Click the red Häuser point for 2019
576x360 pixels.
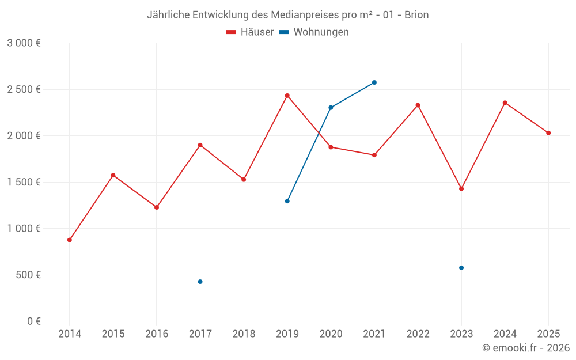click(287, 96)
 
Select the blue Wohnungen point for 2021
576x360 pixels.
click(374, 82)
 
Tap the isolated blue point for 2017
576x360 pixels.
click(200, 282)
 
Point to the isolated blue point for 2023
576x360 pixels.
click(461, 268)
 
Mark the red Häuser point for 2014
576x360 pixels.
click(70, 240)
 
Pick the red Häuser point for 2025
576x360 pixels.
click(548, 133)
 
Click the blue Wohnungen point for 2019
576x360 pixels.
click(287, 201)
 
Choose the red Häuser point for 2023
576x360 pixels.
click(461, 188)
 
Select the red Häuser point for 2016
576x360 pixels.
click(157, 207)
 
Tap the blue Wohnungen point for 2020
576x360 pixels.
click(331, 108)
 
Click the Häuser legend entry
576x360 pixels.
click(250, 32)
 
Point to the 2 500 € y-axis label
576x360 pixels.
click(24, 89)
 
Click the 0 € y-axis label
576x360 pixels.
click(33, 321)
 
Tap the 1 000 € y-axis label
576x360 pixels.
click(24, 229)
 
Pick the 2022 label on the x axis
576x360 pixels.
click(418, 334)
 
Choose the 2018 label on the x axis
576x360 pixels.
click(244, 334)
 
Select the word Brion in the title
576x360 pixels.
click(416, 15)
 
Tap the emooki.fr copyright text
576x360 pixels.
click(526, 348)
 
